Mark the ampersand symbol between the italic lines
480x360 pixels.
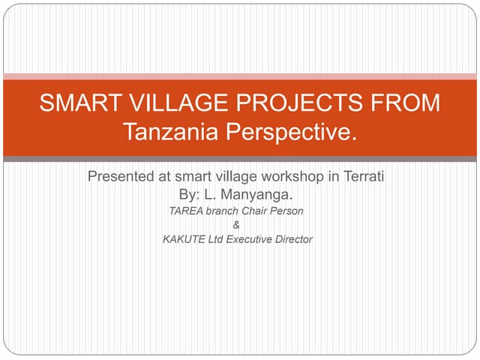click(238, 225)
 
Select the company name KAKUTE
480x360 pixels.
click(183, 239)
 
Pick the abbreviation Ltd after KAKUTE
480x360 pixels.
click(214, 239)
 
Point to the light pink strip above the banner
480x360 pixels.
click(240, 76)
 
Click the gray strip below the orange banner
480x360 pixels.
click(240, 159)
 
